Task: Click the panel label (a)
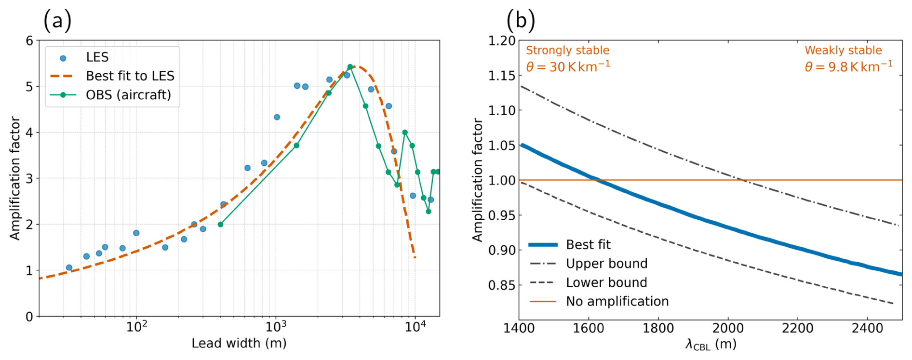point(57,21)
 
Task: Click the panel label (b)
point(521,21)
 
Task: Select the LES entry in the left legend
point(97,57)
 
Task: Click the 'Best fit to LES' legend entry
point(130,76)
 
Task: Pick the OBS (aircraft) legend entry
point(128,95)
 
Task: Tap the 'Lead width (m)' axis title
point(239,344)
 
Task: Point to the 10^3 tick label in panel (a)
point(275,327)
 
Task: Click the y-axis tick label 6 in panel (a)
point(29,41)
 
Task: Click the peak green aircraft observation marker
point(350,67)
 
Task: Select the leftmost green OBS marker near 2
point(220,225)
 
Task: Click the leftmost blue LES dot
point(69,267)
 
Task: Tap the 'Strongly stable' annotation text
point(567,51)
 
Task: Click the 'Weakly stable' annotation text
point(843,51)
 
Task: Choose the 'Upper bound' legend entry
point(606,264)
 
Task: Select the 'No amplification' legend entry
point(617,302)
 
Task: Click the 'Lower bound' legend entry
point(606,282)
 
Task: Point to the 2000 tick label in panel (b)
point(728,329)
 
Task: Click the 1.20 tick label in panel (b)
point(502,41)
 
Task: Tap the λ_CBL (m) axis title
point(711,345)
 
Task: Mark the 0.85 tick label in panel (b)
point(502,285)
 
